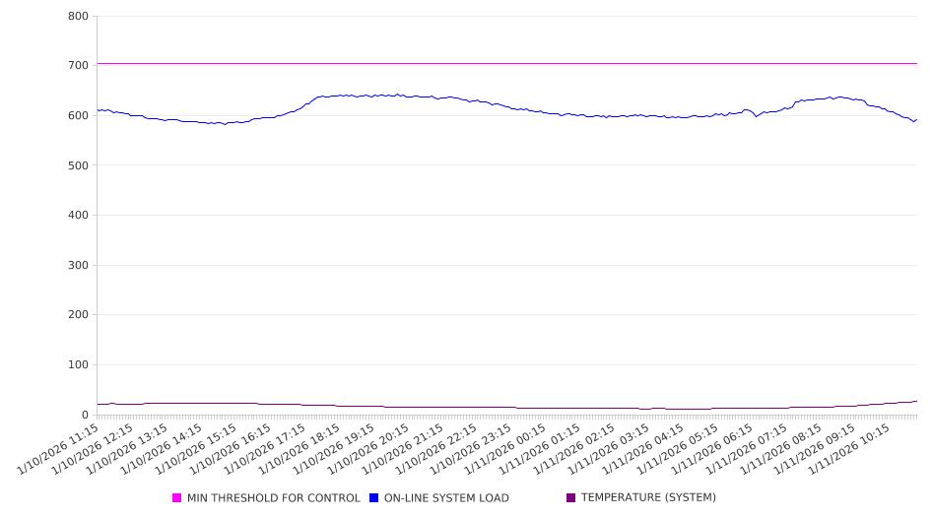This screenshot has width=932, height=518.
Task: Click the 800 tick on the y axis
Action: (79, 17)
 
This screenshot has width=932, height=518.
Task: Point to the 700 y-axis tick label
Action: (79, 66)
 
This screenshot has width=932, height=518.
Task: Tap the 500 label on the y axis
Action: (79, 165)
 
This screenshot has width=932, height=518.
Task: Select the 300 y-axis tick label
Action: (79, 266)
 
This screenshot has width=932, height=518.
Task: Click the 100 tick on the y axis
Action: (79, 365)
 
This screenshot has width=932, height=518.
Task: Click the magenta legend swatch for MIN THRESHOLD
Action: (177, 498)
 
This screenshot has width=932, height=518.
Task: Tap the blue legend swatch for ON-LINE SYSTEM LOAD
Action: (374, 498)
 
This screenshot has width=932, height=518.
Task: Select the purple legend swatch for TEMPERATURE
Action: (571, 498)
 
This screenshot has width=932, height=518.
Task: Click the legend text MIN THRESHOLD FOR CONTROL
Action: (273, 498)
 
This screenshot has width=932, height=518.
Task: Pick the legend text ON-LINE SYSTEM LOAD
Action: (446, 498)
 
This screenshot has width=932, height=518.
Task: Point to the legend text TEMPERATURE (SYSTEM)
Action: (648, 498)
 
